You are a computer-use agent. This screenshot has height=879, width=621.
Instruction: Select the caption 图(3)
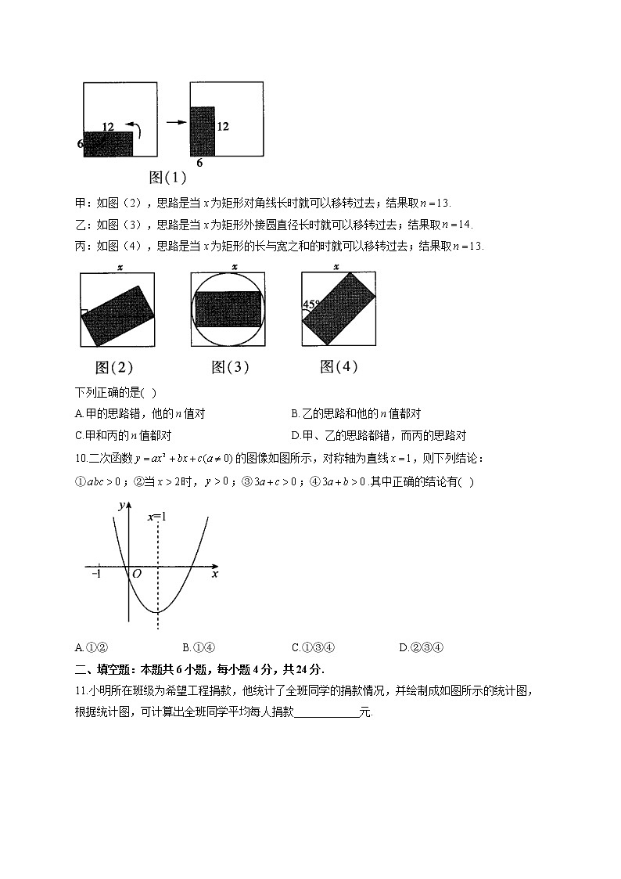[x=230, y=366]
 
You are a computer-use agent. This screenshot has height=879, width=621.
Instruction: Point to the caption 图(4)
[x=339, y=366]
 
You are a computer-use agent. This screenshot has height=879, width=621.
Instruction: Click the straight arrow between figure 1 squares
[x=176, y=122]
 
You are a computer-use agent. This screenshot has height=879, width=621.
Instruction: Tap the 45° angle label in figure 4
[x=312, y=304]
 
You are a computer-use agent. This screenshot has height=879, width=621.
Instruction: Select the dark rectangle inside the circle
[x=229, y=309]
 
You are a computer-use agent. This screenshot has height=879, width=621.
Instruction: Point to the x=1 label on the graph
[x=158, y=517]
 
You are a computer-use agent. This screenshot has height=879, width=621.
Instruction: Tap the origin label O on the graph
[x=136, y=574]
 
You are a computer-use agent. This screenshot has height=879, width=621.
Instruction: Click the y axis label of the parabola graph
[x=121, y=506]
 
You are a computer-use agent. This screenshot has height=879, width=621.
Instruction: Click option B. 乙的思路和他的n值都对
[x=355, y=413]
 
